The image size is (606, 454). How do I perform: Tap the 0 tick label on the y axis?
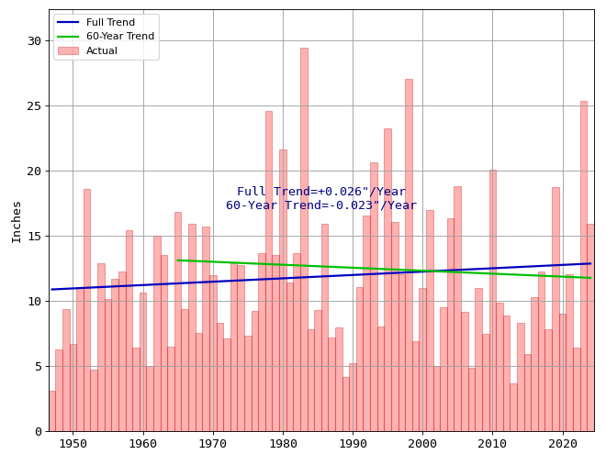(38, 432)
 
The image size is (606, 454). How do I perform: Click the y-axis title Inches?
(17, 221)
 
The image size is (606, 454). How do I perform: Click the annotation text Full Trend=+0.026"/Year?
(321, 192)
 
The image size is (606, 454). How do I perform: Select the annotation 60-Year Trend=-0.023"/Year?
(321, 205)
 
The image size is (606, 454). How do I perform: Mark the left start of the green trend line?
(178, 260)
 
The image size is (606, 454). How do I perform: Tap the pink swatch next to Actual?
(68, 50)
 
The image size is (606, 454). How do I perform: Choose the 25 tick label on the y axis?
(34, 106)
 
